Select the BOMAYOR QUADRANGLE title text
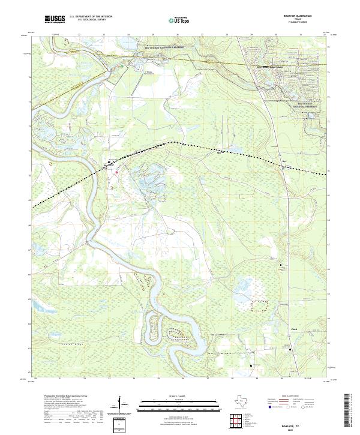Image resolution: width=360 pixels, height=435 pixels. click(x=298, y=16)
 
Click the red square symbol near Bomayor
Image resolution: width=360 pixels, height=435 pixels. click(x=116, y=173)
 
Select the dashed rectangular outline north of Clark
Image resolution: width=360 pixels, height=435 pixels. click(x=259, y=305)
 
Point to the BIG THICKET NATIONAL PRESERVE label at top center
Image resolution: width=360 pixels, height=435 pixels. click(x=163, y=46)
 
